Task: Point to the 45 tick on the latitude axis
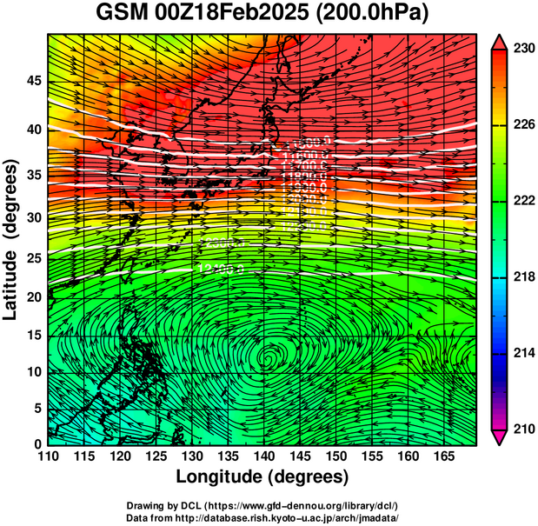tap(31, 80)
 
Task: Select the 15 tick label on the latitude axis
tap(31, 336)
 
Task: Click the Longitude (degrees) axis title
tap(262, 477)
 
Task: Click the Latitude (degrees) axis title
tap(11, 239)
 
